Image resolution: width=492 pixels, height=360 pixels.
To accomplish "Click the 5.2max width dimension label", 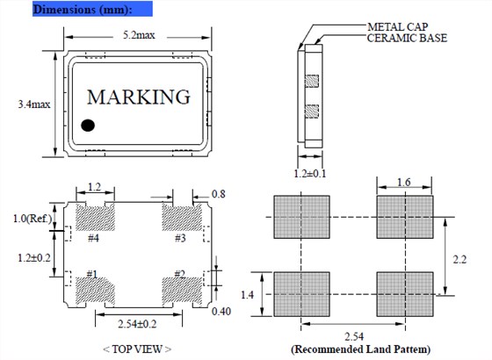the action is [x=139, y=35].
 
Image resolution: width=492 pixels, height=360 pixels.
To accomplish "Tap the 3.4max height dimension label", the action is [x=34, y=104].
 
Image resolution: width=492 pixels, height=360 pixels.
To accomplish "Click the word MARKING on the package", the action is [x=139, y=97].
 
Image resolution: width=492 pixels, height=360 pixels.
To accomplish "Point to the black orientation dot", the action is [x=88, y=126].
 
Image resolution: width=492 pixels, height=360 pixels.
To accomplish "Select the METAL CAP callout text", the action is [x=397, y=27].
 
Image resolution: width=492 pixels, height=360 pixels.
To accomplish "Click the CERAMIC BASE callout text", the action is [x=407, y=38].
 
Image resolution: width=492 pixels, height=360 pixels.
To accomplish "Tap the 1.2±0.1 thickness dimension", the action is [x=309, y=174].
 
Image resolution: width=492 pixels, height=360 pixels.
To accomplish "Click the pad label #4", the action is [x=93, y=238].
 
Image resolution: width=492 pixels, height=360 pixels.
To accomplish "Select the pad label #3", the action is [x=180, y=238].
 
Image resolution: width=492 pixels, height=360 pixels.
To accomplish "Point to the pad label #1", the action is [x=92, y=274].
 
